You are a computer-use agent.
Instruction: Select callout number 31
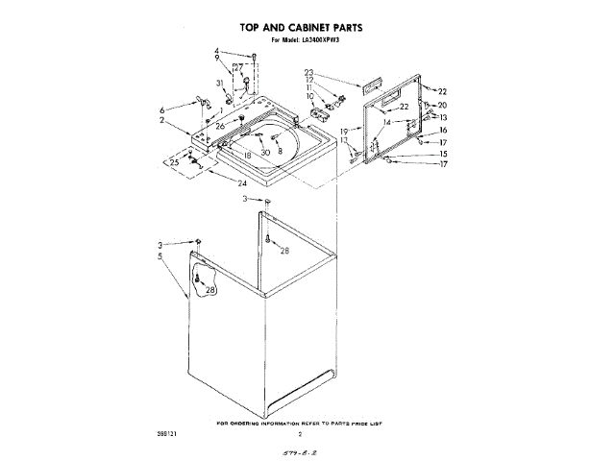(220, 85)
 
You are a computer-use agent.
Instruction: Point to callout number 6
(163, 109)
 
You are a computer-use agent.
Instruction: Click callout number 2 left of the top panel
(162, 121)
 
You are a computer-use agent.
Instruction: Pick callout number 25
(174, 162)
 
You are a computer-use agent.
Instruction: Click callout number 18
(247, 154)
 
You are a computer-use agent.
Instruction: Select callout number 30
(264, 153)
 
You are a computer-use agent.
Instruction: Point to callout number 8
(280, 151)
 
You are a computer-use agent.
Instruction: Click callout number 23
(309, 73)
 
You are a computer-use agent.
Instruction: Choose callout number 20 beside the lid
(443, 105)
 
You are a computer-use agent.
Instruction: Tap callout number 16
(443, 130)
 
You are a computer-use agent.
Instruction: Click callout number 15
(443, 154)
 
